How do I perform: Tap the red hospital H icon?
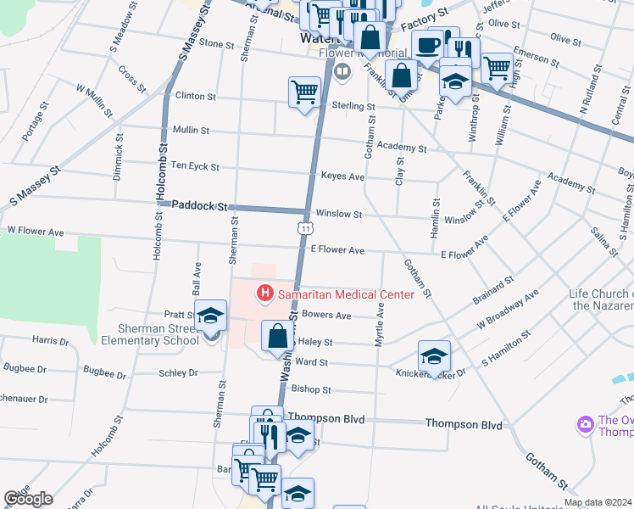point(265,294)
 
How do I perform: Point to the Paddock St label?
point(200,205)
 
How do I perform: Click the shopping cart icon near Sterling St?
point(304,92)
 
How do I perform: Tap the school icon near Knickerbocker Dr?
point(434,356)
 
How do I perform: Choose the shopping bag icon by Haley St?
point(277,336)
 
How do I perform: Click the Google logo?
point(28,499)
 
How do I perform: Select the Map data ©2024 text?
point(598,502)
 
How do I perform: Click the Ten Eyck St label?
point(195,166)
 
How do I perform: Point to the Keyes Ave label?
point(342,176)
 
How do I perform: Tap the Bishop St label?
point(310,389)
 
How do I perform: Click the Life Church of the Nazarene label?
point(602,299)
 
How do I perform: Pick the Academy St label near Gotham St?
point(402,147)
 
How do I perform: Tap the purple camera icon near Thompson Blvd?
point(584,424)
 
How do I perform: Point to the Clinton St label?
point(195,96)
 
